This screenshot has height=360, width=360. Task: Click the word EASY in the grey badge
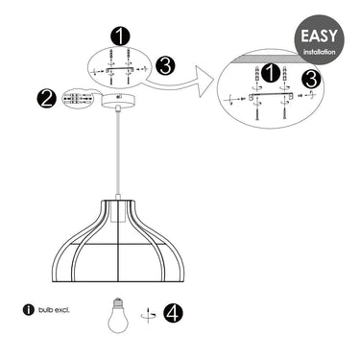(319, 36)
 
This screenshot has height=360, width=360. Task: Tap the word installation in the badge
(320, 52)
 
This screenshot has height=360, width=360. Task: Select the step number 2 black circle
(46, 98)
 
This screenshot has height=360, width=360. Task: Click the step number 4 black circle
(173, 313)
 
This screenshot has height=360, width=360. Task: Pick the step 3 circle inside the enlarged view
(311, 79)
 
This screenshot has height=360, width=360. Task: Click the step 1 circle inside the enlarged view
(271, 73)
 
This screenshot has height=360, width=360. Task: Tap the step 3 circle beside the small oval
(165, 66)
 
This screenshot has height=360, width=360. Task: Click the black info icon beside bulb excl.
(28, 310)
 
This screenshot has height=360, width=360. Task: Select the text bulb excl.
(54, 310)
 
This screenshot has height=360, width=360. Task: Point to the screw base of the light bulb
(118, 300)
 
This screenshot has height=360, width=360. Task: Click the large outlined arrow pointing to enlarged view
(180, 83)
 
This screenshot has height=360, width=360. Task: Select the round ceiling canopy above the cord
(118, 100)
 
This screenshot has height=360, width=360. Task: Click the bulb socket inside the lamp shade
(118, 212)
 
